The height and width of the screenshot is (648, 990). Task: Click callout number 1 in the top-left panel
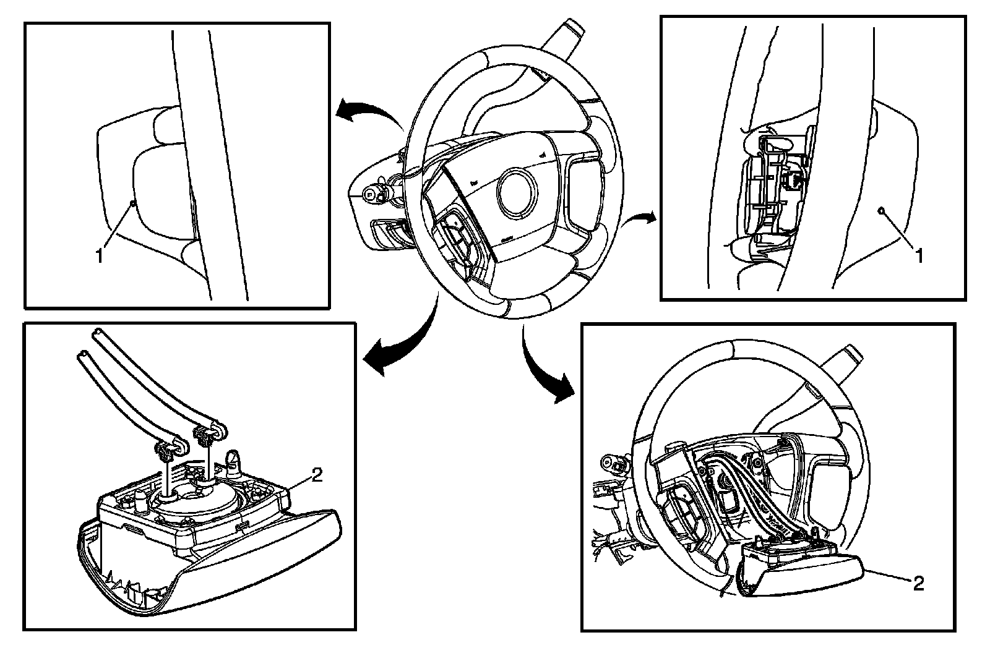click(99, 256)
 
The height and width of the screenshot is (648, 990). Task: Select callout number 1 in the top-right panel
click(919, 255)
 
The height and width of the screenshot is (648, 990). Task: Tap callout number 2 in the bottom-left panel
click(316, 475)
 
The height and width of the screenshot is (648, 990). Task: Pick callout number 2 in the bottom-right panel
click(918, 583)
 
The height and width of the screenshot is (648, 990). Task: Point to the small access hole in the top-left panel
click(132, 203)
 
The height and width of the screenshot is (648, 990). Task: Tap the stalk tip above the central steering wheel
click(569, 28)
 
